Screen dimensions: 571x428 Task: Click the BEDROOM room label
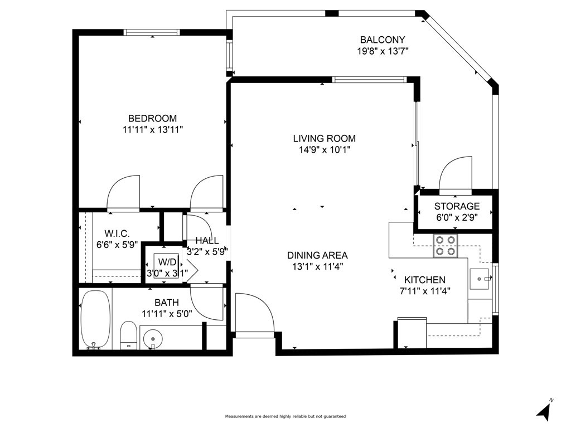click(153, 118)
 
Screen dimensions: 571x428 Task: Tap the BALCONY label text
click(383, 40)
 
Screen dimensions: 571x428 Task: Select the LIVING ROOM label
click(325, 138)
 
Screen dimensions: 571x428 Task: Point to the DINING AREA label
click(317, 255)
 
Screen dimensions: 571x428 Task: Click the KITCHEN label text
click(425, 280)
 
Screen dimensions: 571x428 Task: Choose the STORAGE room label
click(457, 206)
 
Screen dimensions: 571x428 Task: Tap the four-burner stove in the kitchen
click(446, 246)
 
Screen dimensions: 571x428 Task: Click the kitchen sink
click(480, 279)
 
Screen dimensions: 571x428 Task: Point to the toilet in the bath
click(128, 335)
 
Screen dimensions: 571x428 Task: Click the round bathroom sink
click(153, 339)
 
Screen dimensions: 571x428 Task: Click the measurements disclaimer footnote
click(285, 416)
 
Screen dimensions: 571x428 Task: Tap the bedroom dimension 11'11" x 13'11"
click(153, 129)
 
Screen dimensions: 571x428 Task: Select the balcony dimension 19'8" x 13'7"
click(383, 51)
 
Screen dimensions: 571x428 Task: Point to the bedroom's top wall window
click(152, 32)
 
